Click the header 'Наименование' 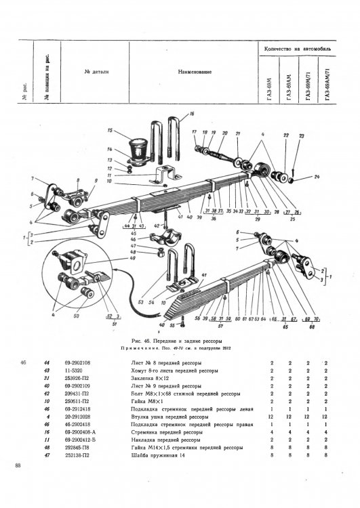point(195,71)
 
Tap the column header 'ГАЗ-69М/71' point(308,86)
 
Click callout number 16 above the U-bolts point(192,114)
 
